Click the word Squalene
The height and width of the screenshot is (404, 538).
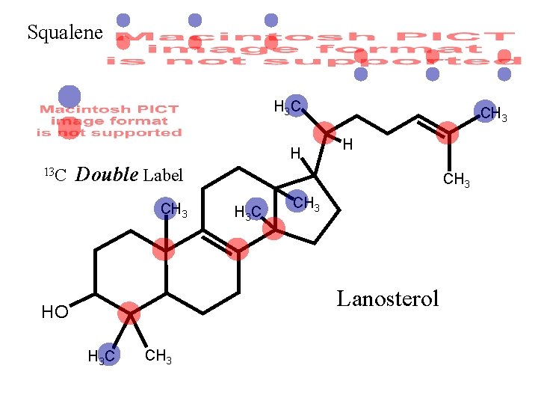pos(64,32)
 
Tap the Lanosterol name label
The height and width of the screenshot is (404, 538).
pos(388,299)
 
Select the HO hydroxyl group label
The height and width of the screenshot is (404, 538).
pos(55,313)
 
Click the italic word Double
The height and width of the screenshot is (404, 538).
pos(107,175)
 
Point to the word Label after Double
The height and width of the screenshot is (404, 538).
pos(163,176)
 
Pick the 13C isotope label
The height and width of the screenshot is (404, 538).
pos(56,175)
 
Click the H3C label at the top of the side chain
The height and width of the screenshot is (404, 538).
pos(287,107)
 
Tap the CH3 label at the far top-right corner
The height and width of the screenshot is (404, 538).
pos(493,114)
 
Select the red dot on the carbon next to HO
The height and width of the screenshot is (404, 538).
pos(129,313)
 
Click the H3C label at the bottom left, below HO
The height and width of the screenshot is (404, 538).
pos(102,357)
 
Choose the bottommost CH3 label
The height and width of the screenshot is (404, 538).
pos(158,357)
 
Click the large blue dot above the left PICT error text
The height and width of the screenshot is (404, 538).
pos(69,96)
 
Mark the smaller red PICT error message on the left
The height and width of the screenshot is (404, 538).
pos(109,121)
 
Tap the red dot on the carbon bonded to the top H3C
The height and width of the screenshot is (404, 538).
pos(324,135)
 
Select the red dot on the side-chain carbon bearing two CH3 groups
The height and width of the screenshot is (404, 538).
pos(447,133)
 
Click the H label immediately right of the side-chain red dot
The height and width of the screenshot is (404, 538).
pos(348,144)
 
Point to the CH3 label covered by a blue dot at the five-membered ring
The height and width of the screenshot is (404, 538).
pos(305,202)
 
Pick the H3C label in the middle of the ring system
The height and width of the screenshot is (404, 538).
pos(248,212)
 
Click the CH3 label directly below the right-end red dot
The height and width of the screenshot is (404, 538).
pos(457,180)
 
